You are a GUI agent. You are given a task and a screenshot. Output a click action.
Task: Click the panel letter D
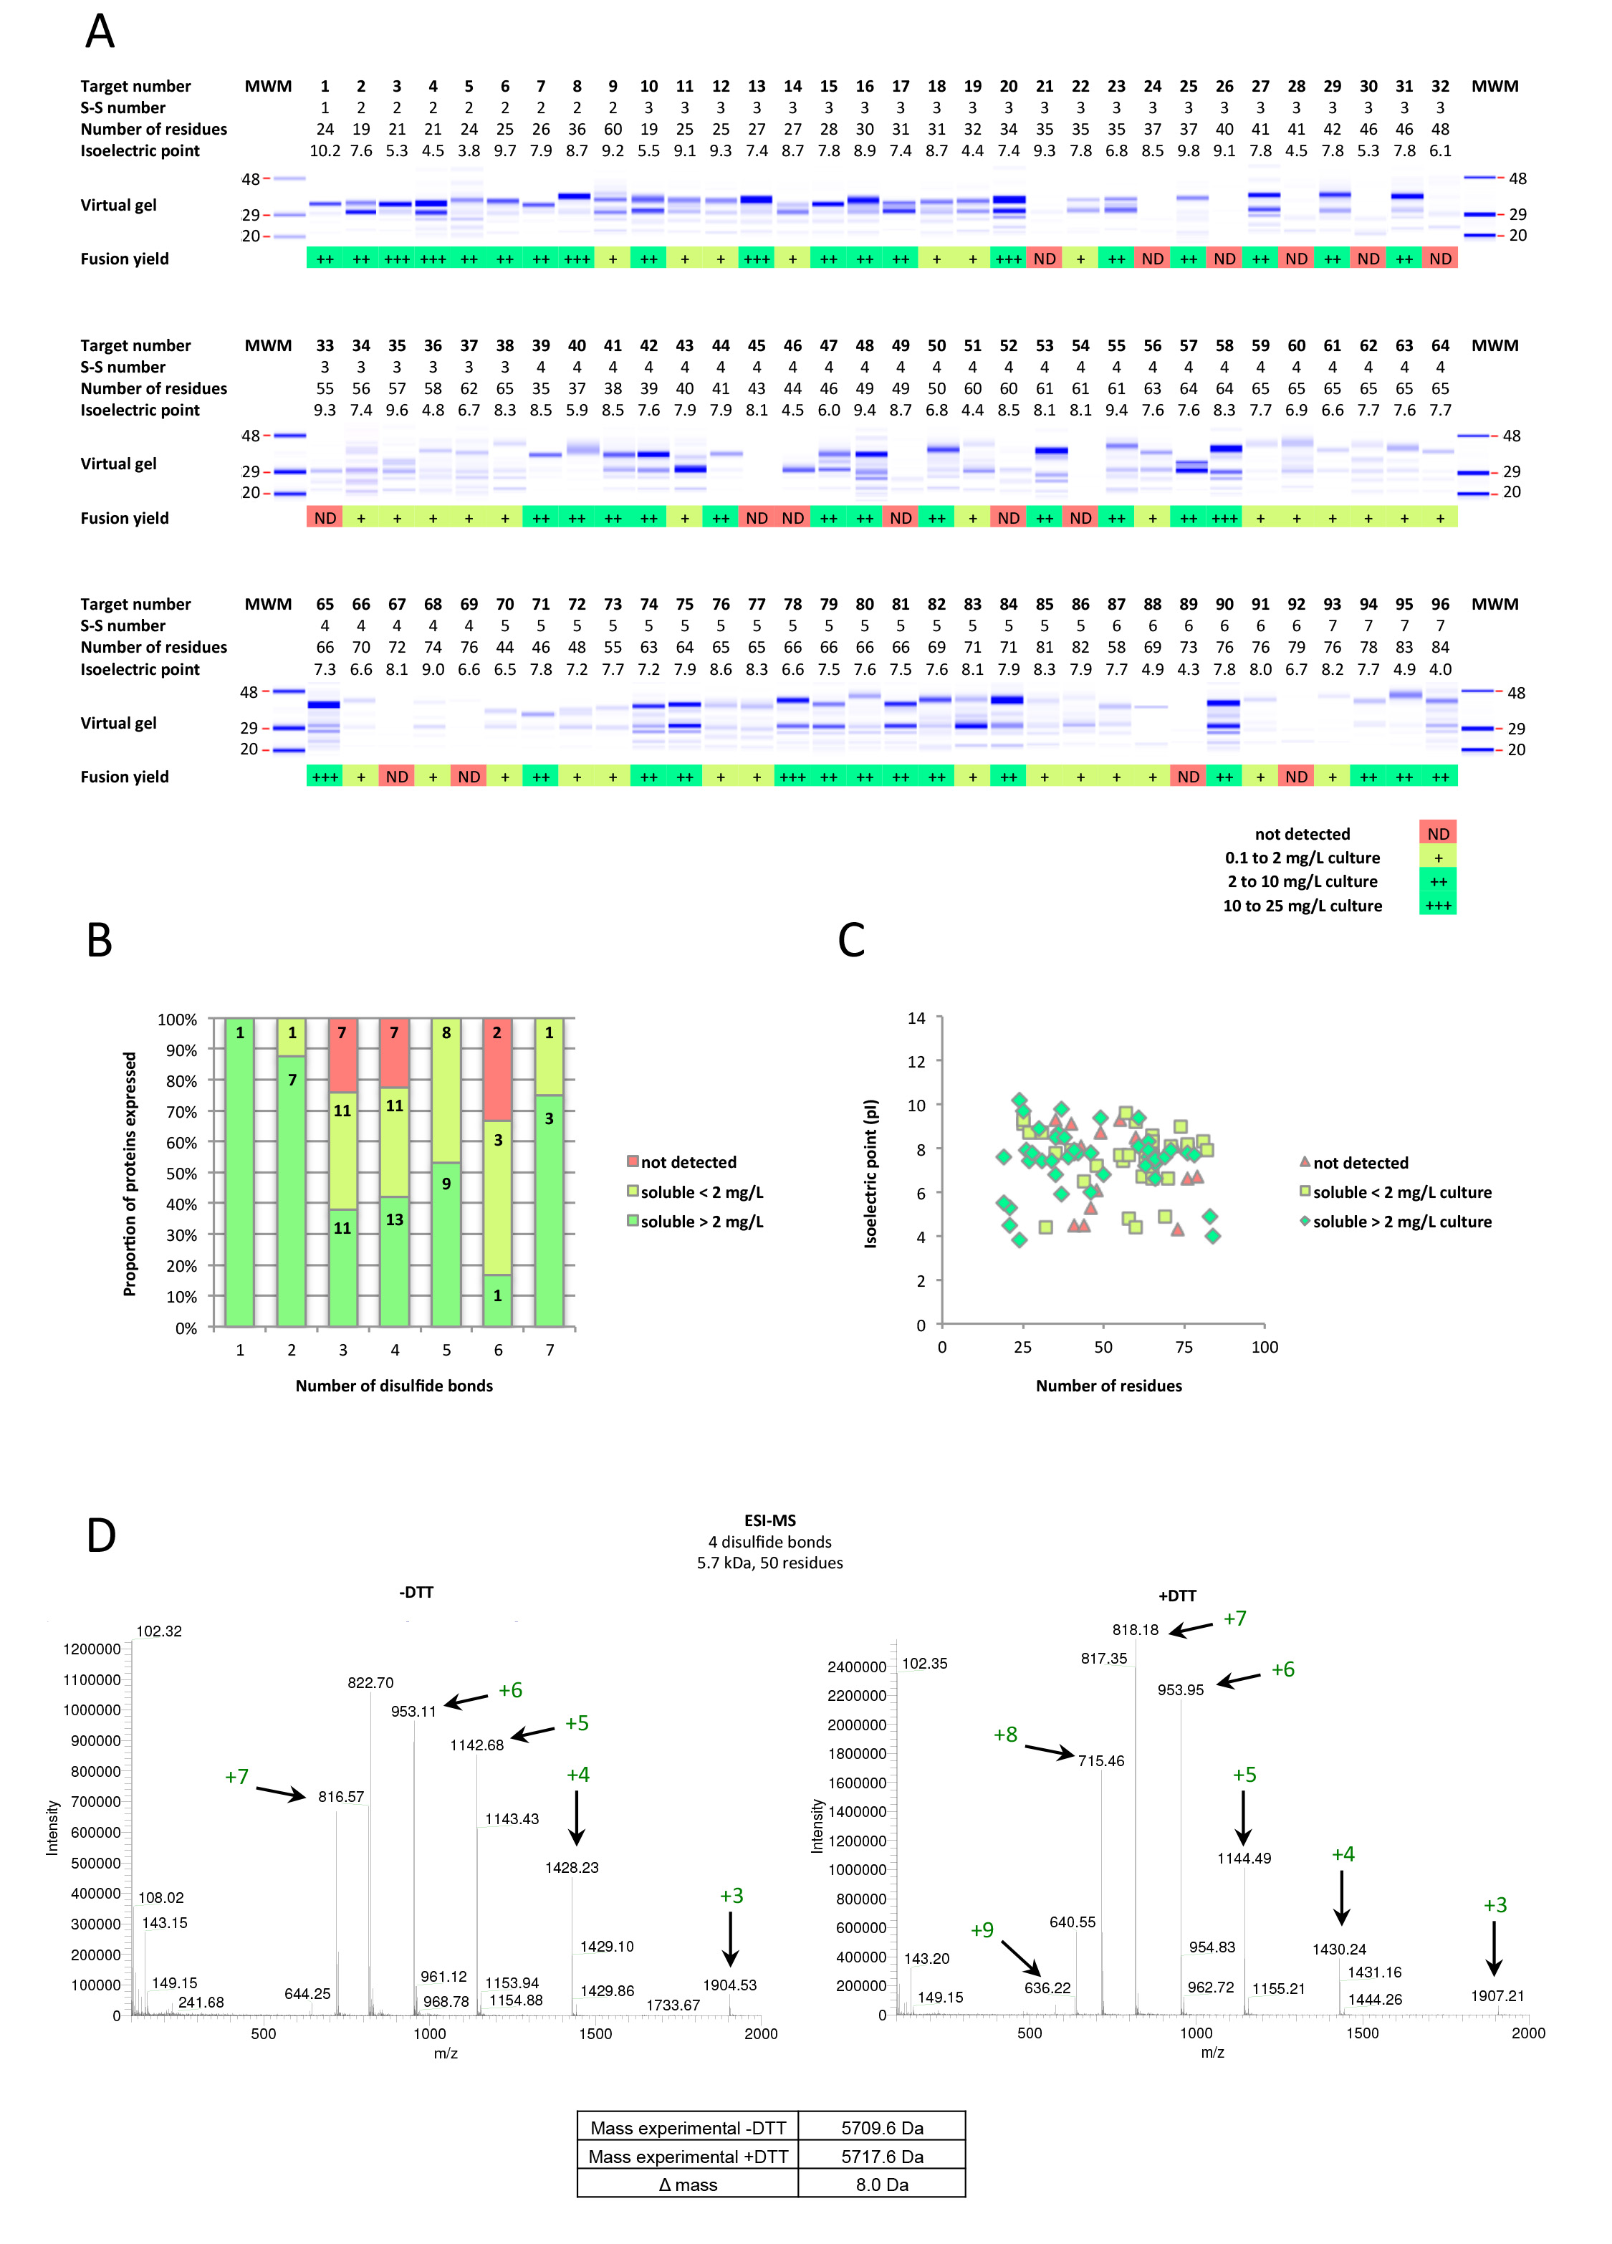(x=101, y=1535)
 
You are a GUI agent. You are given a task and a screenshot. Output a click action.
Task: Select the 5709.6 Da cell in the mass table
(x=882, y=2127)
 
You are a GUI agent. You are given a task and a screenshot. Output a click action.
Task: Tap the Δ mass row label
(x=688, y=2184)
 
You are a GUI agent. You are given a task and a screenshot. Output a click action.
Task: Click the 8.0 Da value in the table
(x=882, y=2184)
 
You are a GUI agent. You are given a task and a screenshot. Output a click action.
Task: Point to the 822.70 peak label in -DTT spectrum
(x=370, y=1682)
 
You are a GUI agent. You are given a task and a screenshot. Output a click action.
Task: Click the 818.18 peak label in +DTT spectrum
(x=1135, y=1629)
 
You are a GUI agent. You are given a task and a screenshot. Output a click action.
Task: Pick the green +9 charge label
(x=982, y=1929)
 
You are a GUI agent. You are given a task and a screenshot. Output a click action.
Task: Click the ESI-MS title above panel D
(x=770, y=1520)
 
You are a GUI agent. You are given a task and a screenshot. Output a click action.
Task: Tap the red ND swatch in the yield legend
(x=1438, y=834)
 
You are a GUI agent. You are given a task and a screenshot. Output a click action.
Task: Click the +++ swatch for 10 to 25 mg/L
(x=1438, y=906)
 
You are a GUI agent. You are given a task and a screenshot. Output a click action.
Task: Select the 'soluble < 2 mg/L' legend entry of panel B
(x=701, y=1192)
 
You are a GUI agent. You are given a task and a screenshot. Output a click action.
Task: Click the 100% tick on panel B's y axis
(x=178, y=1019)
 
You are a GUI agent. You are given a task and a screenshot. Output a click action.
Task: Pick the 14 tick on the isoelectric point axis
(x=916, y=1018)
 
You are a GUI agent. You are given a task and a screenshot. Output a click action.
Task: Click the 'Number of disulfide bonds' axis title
(x=394, y=1385)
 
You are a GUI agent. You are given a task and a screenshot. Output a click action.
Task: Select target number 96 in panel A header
(x=1440, y=603)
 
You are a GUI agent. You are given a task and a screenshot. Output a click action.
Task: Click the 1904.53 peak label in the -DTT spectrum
(x=729, y=1985)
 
